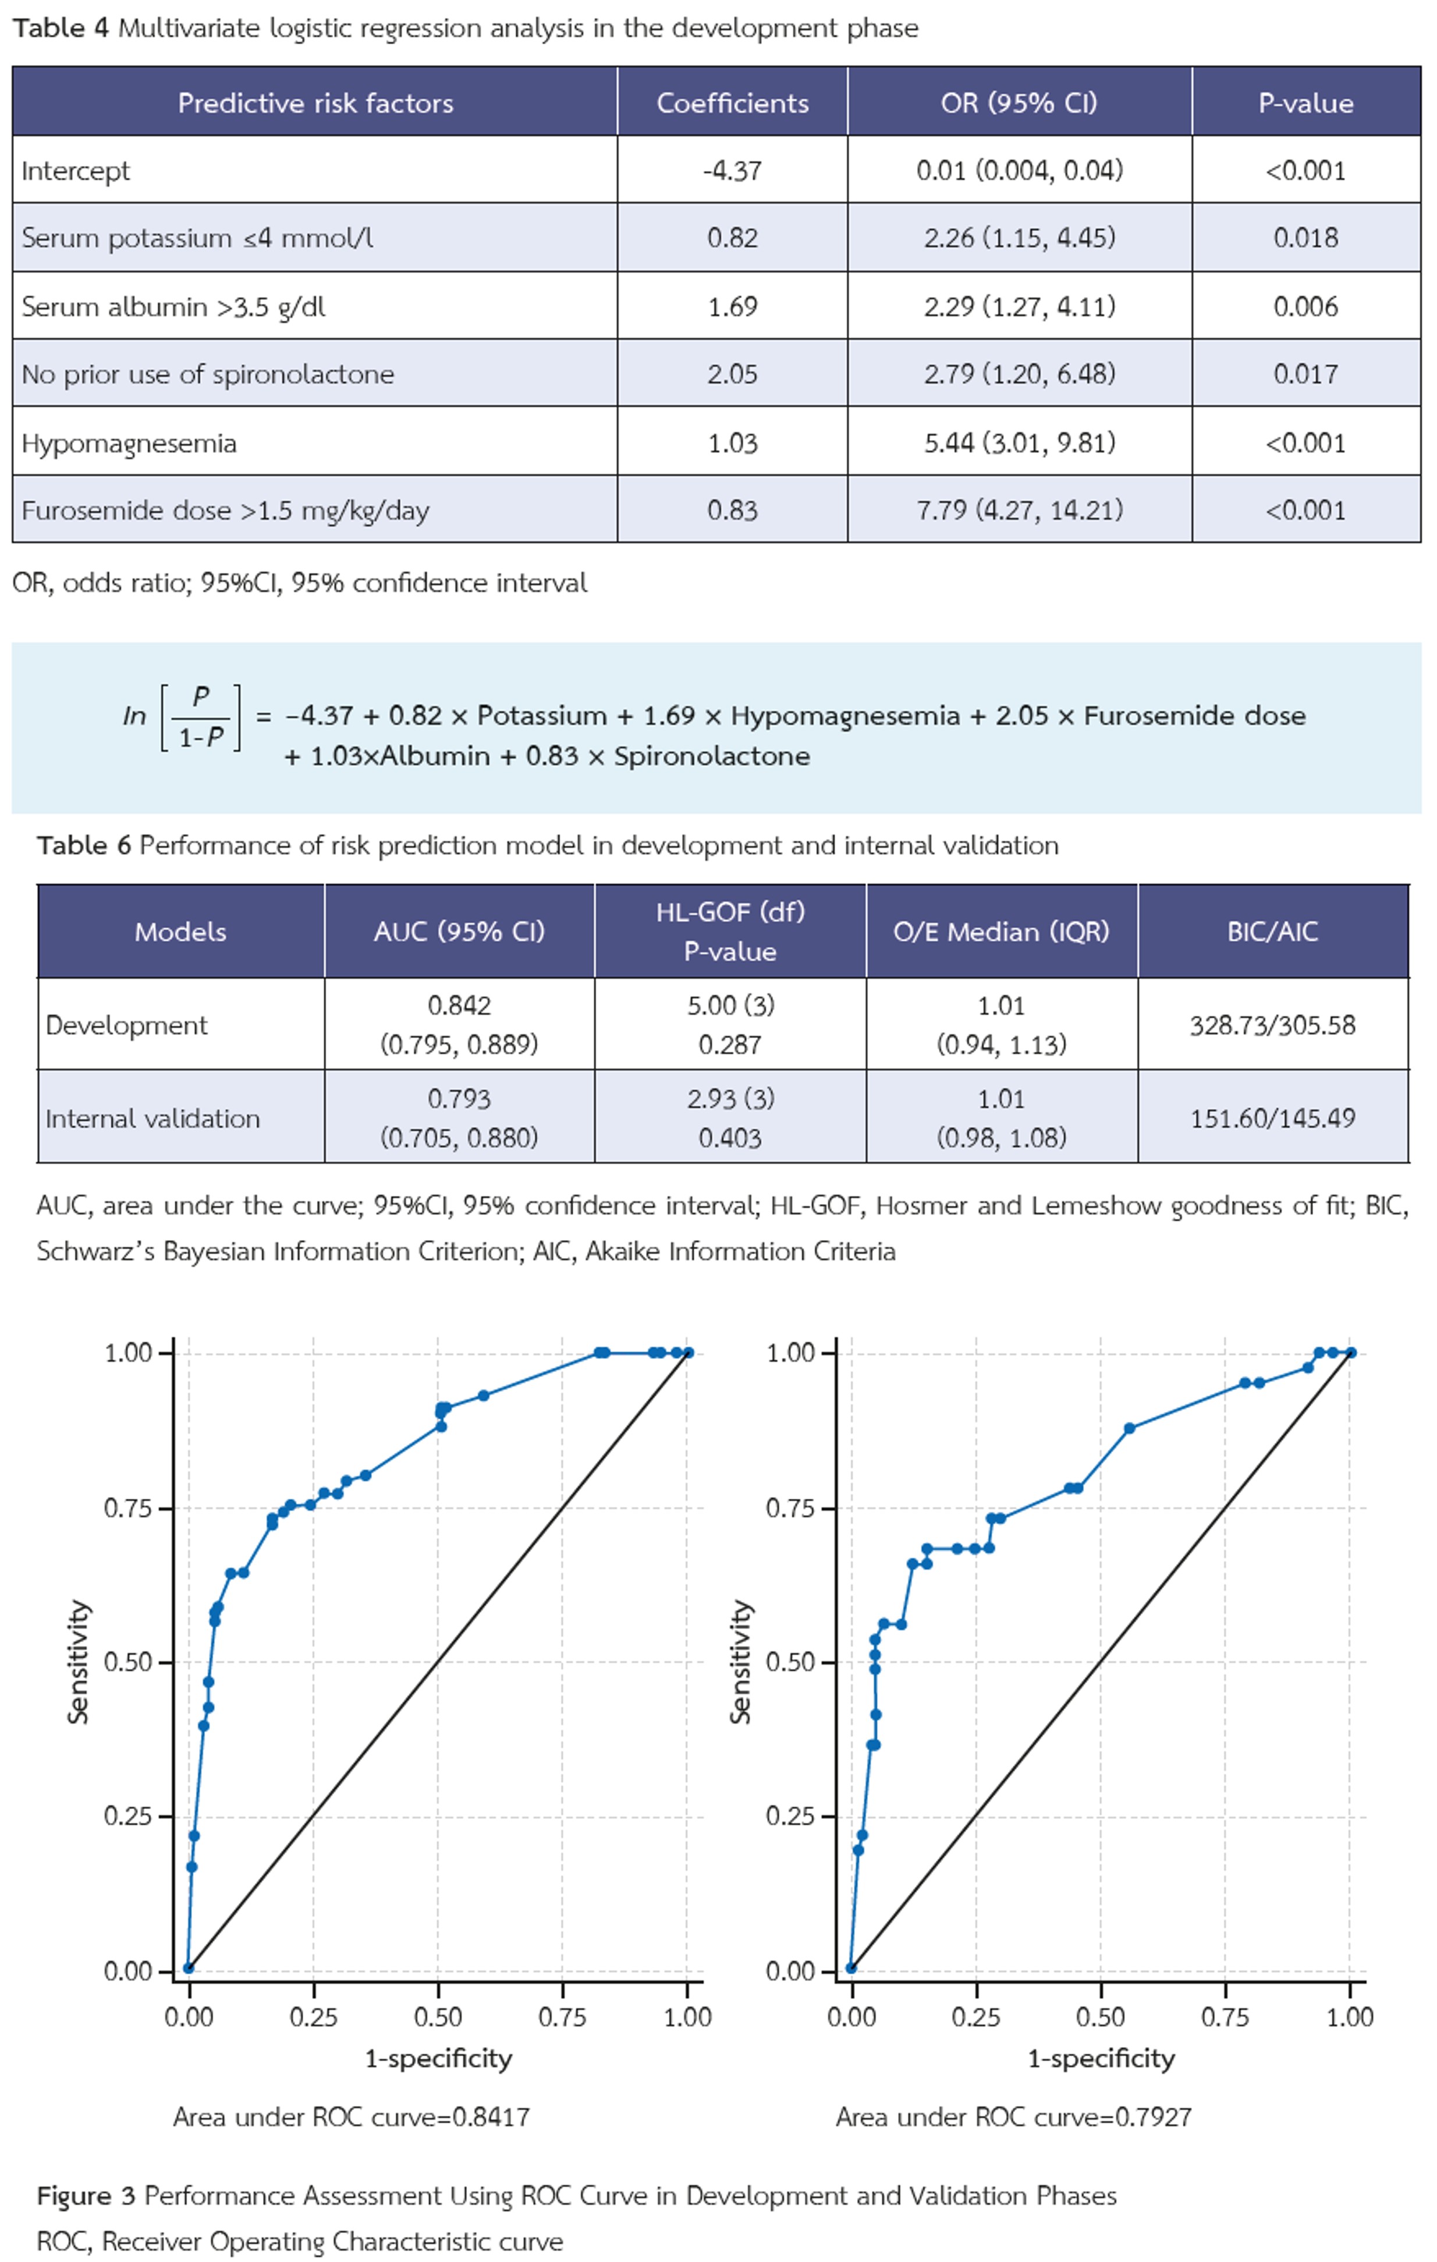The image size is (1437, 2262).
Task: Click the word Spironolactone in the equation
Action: point(711,756)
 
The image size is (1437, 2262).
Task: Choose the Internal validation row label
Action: point(152,1118)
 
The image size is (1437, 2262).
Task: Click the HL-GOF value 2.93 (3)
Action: point(730,1098)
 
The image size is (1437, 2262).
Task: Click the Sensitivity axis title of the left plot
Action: point(79,1661)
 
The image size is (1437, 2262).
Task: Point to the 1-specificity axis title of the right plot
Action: point(1101,2058)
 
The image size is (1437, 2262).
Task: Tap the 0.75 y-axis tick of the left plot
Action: point(127,1507)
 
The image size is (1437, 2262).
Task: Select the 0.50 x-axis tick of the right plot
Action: point(1100,2017)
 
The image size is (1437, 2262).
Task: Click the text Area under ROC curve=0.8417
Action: point(352,2116)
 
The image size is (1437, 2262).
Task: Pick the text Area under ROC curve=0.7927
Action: point(1013,2116)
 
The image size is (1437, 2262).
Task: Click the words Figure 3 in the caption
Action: point(86,2195)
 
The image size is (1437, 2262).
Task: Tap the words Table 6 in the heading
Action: point(84,845)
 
